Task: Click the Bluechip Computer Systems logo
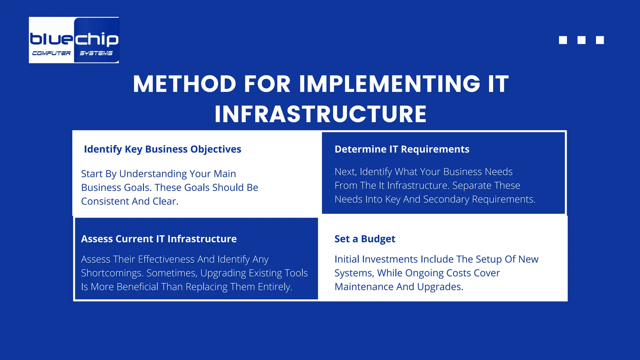[74, 40]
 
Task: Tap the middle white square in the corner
[581, 40]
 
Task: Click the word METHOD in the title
[184, 84]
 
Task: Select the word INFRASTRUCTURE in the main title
[320, 114]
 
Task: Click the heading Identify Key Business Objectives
[162, 149]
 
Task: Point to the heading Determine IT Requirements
[402, 149]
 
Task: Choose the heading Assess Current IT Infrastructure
[159, 239]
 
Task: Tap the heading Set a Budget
[365, 239]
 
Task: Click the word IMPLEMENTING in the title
[389, 84]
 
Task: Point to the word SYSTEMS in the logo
[96, 53]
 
